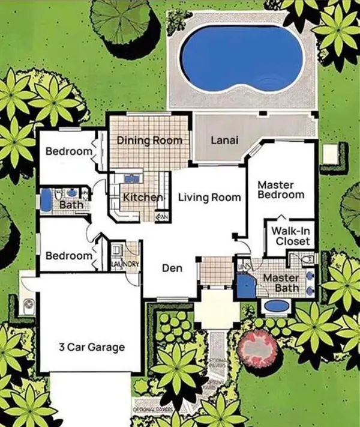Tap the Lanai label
(x=224, y=141)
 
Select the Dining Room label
(x=149, y=141)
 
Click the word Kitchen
(x=143, y=198)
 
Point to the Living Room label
(x=209, y=198)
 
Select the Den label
(x=172, y=268)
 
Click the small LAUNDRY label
(x=126, y=264)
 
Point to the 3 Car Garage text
(x=91, y=347)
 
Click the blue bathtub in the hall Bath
(x=46, y=199)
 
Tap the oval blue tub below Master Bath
(x=276, y=306)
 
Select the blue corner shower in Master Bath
(x=244, y=286)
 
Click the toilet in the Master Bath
(x=307, y=259)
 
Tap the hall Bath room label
(x=71, y=205)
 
